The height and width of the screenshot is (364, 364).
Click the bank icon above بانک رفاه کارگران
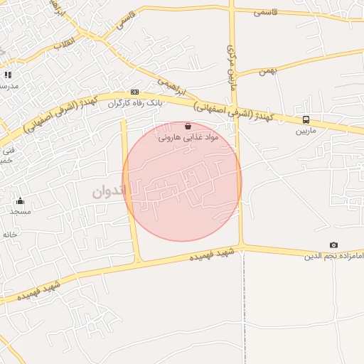coord(135,92)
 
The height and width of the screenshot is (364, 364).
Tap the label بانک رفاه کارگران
coord(135,103)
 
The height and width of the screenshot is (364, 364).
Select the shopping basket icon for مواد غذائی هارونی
coord(188,125)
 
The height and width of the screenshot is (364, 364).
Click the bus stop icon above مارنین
coord(306,119)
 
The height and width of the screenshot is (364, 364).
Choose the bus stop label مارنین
coord(306,131)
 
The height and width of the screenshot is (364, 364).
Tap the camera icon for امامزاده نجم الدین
coord(334,245)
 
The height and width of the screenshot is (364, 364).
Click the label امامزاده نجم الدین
coord(333,255)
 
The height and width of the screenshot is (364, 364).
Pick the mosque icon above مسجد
coord(20,200)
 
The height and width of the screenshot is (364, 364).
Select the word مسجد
coord(20,211)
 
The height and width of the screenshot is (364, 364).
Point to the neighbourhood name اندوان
coord(109,191)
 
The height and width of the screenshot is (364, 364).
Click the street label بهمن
coord(267,71)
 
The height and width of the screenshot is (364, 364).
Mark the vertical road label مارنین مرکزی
coord(230,68)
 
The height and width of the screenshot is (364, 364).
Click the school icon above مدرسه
coord(8,75)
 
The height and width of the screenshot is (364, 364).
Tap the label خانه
coord(9,234)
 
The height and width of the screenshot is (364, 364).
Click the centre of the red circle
coord(182,181)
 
